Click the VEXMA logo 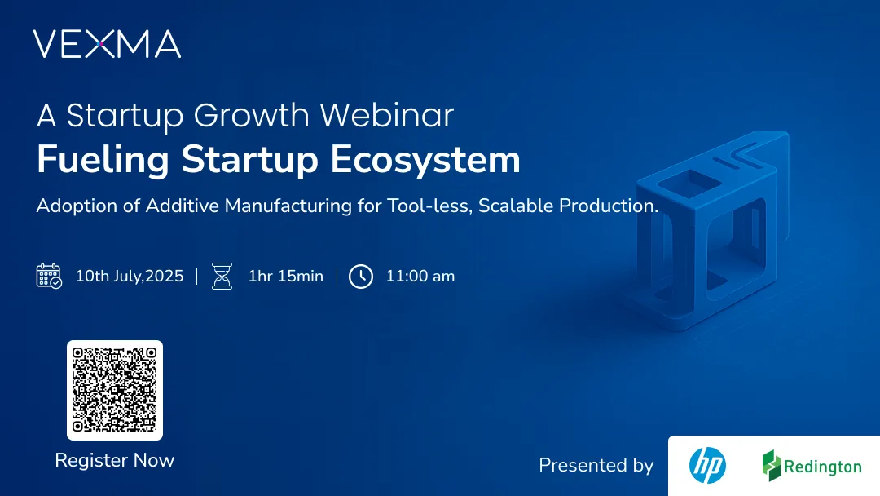(x=107, y=44)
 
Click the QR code (x=115, y=390)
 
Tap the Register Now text (x=115, y=460)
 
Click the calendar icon (x=49, y=276)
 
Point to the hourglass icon (x=222, y=276)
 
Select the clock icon (x=360, y=276)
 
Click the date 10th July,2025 (x=130, y=276)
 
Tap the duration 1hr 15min (x=285, y=276)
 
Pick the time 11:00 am (x=420, y=276)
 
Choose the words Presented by (x=596, y=465)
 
